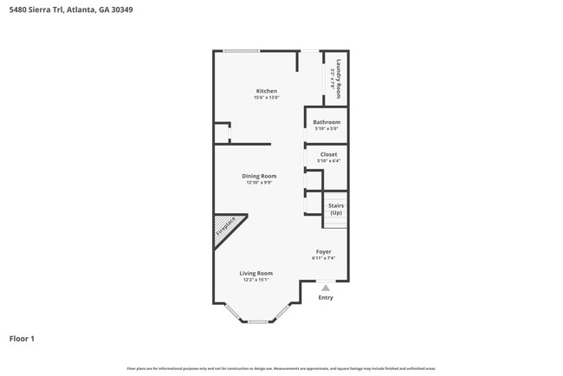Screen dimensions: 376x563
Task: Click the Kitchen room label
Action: click(x=266, y=91)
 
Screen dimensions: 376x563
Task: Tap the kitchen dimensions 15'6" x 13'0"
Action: click(x=266, y=98)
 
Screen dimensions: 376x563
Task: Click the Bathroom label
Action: click(x=327, y=122)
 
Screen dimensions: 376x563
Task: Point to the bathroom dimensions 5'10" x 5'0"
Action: click(x=327, y=129)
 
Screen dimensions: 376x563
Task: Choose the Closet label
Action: click(x=328, y=154)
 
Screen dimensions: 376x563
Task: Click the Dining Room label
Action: click(x=259, y=176)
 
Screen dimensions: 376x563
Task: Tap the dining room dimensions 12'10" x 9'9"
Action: click(x=259, y=183)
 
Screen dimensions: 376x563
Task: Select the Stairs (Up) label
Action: click(x=335, y=209)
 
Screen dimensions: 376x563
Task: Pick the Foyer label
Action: click(x=323, y=251)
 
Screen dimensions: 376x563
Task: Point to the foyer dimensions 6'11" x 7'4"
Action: click(x=323, y=258)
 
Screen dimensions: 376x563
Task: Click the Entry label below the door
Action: click(x=325, y=298)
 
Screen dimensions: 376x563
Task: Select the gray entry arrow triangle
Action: click(x=325, y=287)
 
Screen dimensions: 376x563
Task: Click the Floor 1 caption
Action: click(x=22, y=339)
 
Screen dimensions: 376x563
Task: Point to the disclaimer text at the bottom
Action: click(x=281, y=368)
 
